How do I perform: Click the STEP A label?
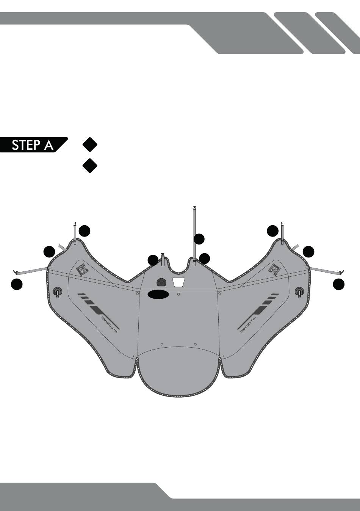(x=33, y=145)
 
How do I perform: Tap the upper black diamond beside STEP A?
(x=89, y=144)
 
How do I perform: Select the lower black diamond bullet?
(x=89, y=166)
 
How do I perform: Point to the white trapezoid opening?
(x=178, y=282)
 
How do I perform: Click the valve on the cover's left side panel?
(x=57, y=292)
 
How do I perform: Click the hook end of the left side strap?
(x=16, y=271)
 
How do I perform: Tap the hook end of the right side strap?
(x=341, y=271)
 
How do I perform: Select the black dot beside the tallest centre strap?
(x=199, y=239)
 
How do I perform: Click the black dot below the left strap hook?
(x=16, y=284)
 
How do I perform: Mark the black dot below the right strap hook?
(x=339, y=284)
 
